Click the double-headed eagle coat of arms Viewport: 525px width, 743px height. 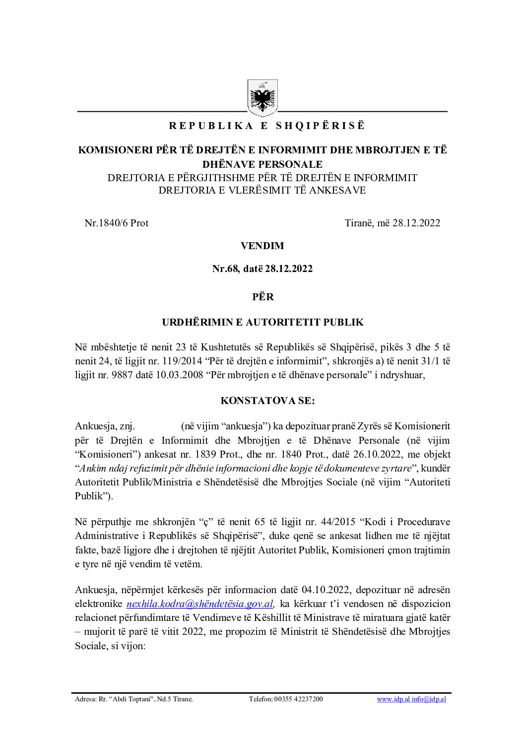pyautogui.click(x=262, y=97)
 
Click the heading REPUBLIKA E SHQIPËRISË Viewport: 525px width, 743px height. pyautogui.click(x=267, y=126)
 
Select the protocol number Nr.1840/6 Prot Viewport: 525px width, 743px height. pyautogui.click(x=117, y=223)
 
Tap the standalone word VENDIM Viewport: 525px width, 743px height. pyautogui.click(x=262, y=246)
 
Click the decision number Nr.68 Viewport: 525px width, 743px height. pyautogui.click(x=226, y=269)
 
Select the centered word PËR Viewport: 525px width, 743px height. pyautogui.click(x=262, y=297)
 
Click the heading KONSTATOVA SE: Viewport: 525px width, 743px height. pyautogui.click(x=267, y=401)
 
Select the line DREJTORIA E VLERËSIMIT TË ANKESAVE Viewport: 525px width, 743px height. pyautogui.click(x=262, y=190)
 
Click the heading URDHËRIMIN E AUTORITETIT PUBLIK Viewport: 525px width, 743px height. pyautogui.click(x=262, y=322)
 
